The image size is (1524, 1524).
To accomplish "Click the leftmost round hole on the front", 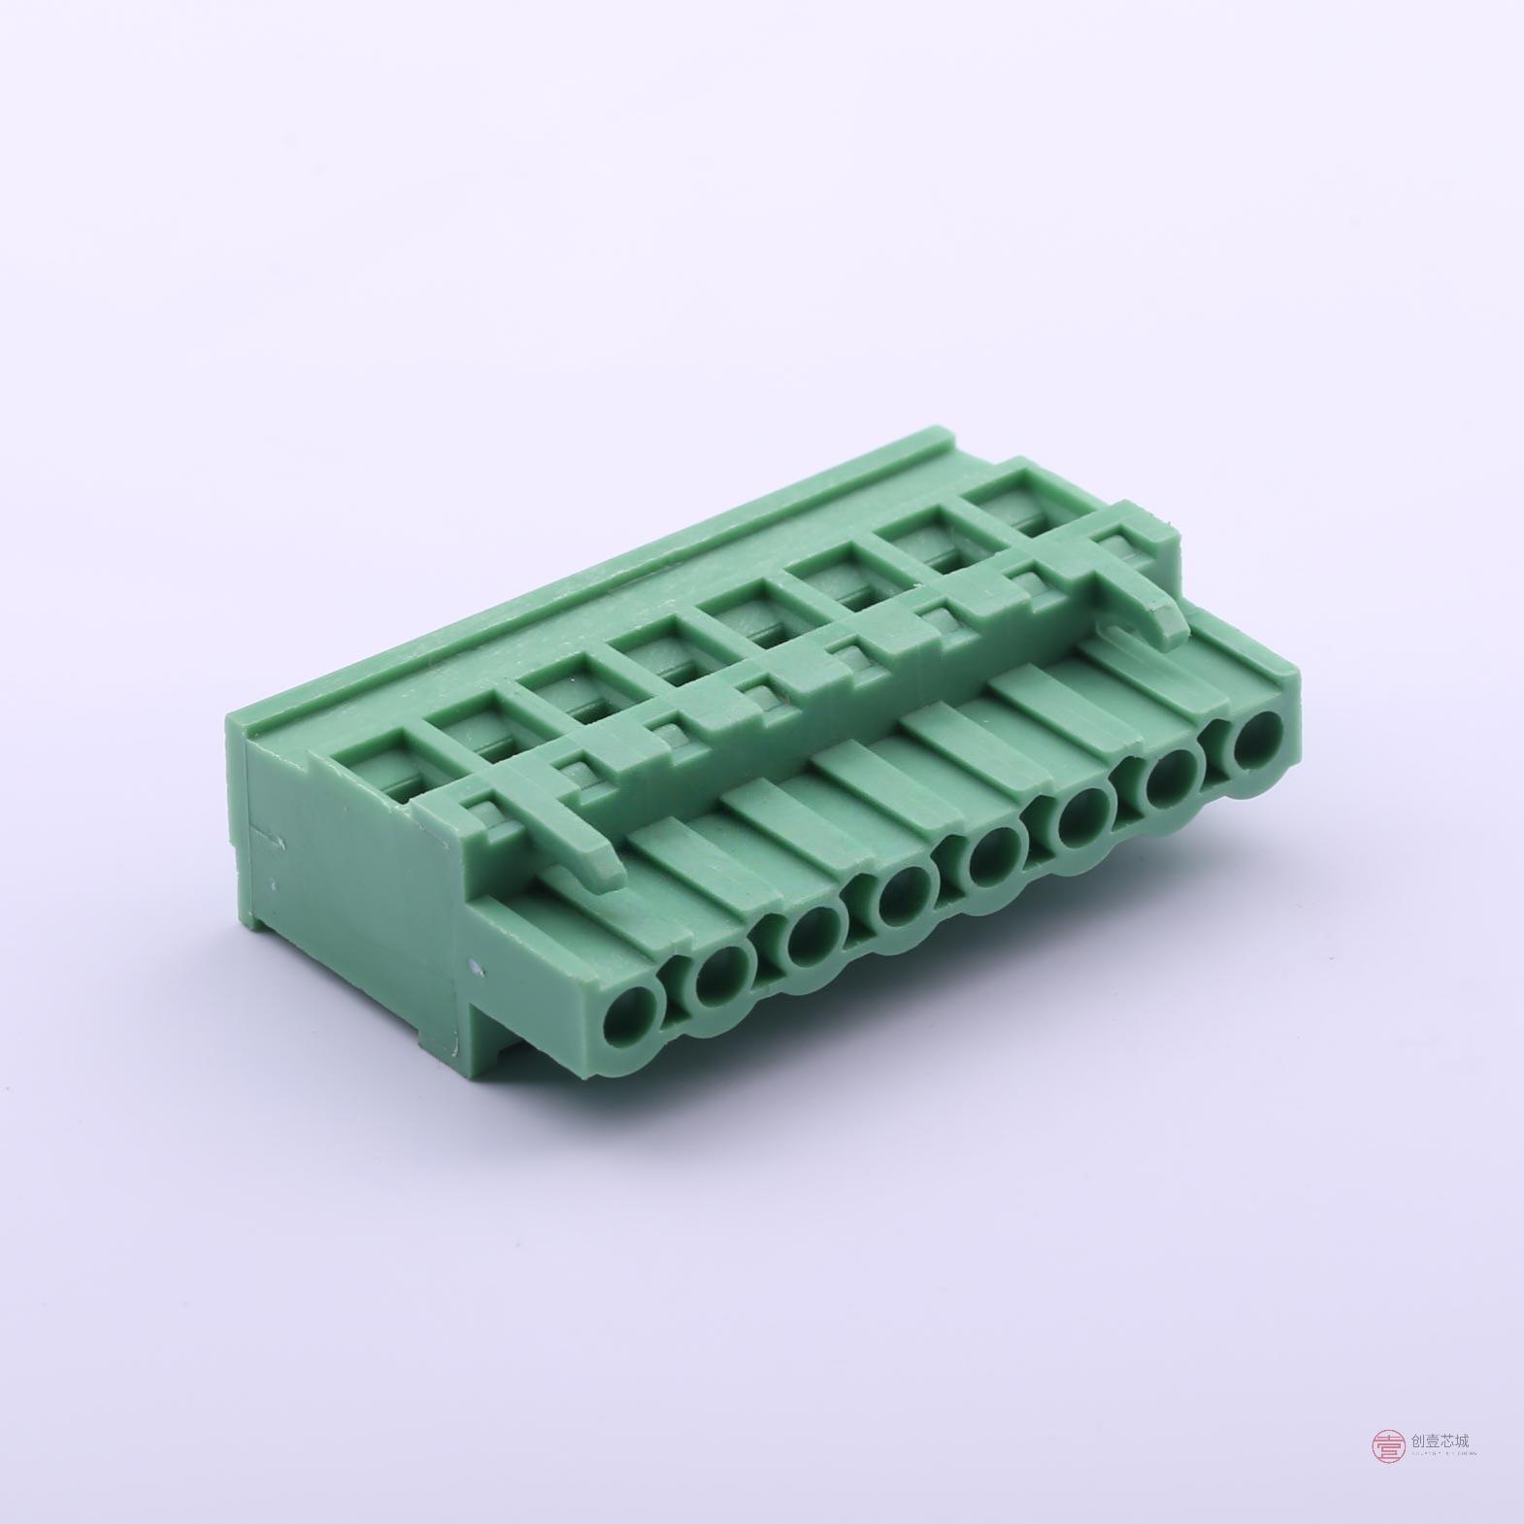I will point(632,1015).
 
